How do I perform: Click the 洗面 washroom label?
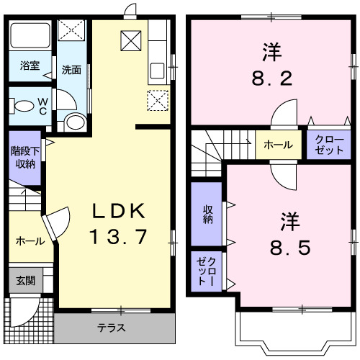pos(71,70)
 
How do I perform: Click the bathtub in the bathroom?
pos(30,35)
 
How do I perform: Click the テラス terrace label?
pos(112,328)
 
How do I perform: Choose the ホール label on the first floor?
pos(30,240)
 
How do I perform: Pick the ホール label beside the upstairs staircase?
pos(278,145)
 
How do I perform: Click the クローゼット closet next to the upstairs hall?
pos(328,144)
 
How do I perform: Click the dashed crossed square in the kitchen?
pos(156,99)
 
